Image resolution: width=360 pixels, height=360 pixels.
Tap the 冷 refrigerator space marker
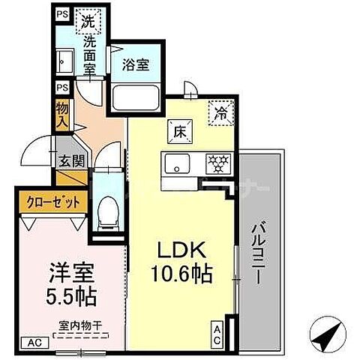coord(221,115)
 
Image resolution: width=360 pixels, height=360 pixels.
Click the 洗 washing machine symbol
coord(89,23)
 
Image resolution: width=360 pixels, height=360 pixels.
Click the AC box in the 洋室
coord(33,343)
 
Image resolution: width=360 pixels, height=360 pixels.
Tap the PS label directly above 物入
coord(61,88)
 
